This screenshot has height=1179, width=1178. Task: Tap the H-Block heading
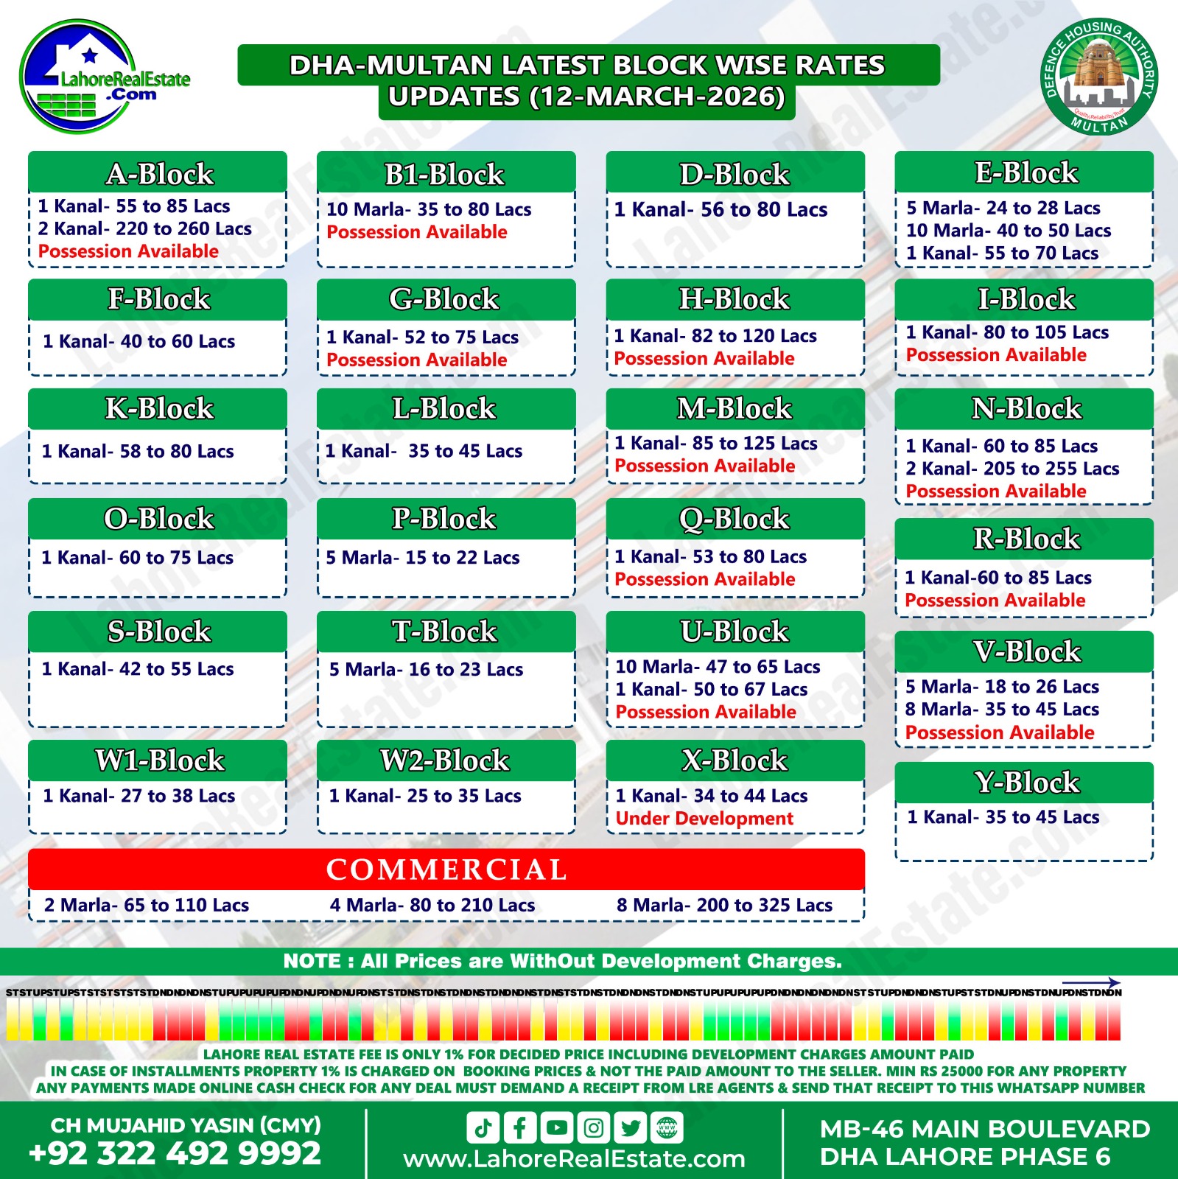(735, 299)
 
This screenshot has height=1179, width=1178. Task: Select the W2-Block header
(445, 760)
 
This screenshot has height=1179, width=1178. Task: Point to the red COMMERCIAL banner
(446, 870)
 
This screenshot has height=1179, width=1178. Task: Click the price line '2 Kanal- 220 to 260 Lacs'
(144, 229)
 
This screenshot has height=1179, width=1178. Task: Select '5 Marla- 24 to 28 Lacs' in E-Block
(1003, 209)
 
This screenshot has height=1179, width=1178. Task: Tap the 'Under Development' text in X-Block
(704, 819)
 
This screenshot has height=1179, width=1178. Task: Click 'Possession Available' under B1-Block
(416, 232)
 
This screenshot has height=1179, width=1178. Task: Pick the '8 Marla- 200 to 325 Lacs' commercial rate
(724, 905)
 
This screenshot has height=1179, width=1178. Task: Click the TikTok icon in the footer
(483, 1127)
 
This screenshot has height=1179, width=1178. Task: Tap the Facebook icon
(520, 1127)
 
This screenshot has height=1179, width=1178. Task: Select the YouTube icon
(557, 1127)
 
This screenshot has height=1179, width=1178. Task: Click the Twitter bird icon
(630, 1127)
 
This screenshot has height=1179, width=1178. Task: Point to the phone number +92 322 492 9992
(175, 1153)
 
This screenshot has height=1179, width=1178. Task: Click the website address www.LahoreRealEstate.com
(574, 1159)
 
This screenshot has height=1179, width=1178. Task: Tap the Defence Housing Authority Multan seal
(1099, 77)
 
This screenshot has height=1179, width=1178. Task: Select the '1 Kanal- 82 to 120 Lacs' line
(715, 336)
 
